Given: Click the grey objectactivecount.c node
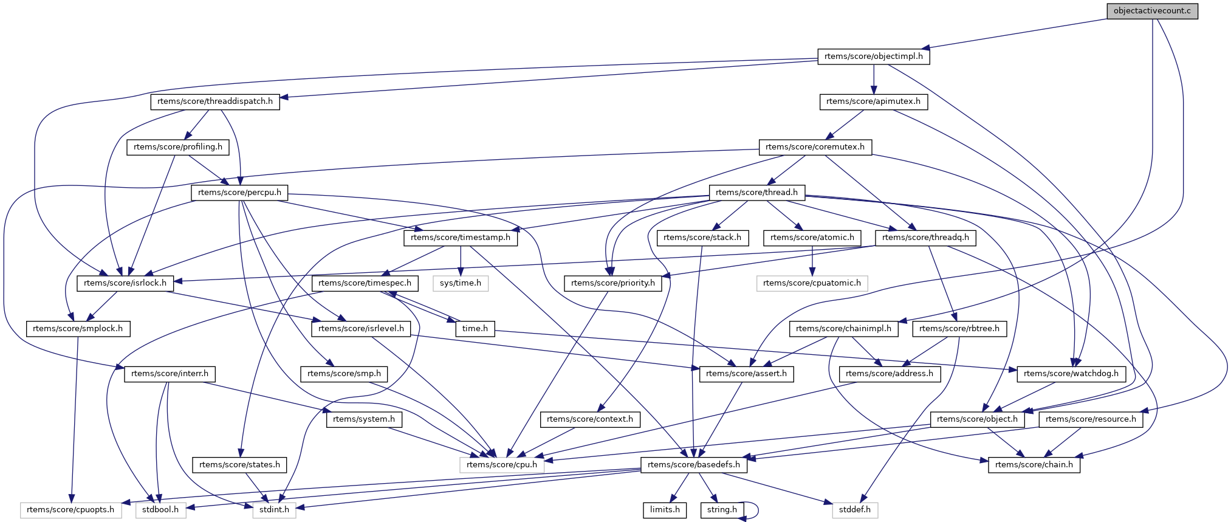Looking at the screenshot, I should click(x=1152, y=11).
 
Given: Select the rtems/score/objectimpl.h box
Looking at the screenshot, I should click(x=873, y=57).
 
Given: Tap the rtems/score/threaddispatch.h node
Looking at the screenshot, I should click(x=215, y=101).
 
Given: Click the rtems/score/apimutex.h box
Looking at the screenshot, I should click(x=873, y=101).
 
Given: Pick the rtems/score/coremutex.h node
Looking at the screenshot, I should click(x=815, y=147).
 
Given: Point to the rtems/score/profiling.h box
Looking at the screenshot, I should click(x=177, y=147).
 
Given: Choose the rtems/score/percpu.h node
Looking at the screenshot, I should click(x=239, y=193).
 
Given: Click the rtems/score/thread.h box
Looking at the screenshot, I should click(x=756, y=193).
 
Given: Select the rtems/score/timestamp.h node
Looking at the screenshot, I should click(x=461, y=238).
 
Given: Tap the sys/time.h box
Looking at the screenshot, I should click(x=461, y=283).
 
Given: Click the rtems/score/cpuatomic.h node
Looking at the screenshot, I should click(x=812, y=283).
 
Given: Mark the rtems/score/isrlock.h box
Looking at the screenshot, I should click(x=125, y=283).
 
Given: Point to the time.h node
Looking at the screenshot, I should click(x=475, y=329).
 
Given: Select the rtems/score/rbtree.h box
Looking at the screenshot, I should click(x=959, y=329).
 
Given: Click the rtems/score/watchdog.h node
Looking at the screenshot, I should click(x=1071, y=374).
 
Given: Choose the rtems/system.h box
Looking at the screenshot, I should click(x=364, y=419).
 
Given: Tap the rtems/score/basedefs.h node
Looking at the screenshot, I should click(x=694, y=465).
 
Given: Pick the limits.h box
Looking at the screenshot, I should click(x=665, y=510).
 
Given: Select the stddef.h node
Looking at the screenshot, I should click(x=855, y=510).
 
